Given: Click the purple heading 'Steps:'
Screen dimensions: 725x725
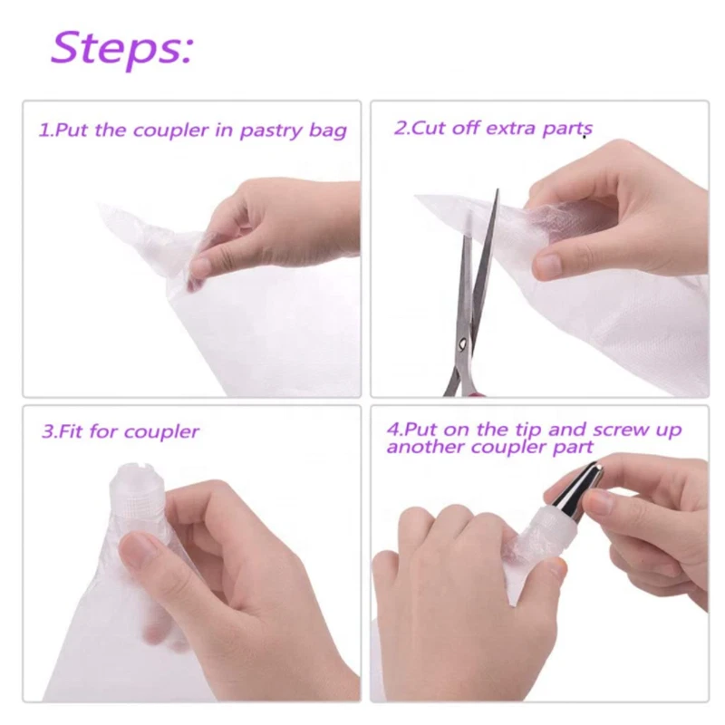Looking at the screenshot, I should (x=121, y=48).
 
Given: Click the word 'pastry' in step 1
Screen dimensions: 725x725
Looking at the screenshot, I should (x=270, y=130).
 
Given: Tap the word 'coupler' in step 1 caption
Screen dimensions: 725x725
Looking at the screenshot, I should (x=170, y=130).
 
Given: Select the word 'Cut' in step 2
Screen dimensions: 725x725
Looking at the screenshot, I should (x=430, y=128).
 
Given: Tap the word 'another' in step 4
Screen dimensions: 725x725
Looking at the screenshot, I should (x=421, y=448).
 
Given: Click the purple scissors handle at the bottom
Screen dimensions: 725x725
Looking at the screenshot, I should (x=471, y=391).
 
